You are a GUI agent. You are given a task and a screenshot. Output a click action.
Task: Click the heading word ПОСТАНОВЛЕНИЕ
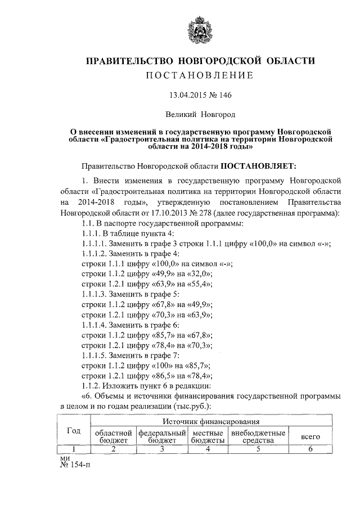point(200,75)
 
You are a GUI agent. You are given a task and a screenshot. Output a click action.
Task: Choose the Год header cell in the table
point(74,431)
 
